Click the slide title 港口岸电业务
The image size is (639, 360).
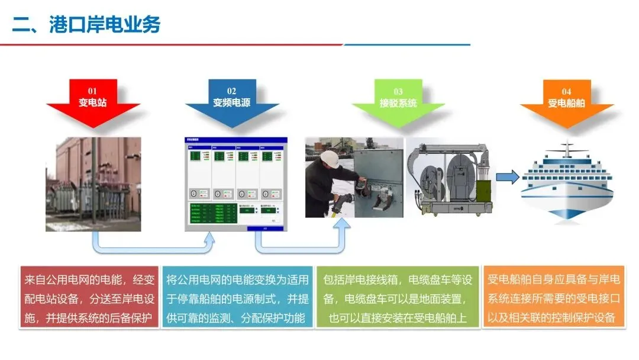click(86, 25)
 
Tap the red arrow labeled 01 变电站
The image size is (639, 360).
click(93, 104)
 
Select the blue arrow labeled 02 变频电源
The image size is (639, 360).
click(232, 104)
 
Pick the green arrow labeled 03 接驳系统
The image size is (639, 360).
click(398, 104)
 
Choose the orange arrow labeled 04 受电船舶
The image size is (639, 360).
click(566, 104)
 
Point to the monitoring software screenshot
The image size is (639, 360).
click(235, 184)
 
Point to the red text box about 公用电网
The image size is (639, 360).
click(89, 298)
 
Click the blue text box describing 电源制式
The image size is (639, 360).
click(235, 298)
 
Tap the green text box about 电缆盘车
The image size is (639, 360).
click(398, 298)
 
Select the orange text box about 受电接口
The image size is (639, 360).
click(554, 298)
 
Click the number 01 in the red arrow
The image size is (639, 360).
click(93, 91)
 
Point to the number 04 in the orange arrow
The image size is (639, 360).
click(566, 91)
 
